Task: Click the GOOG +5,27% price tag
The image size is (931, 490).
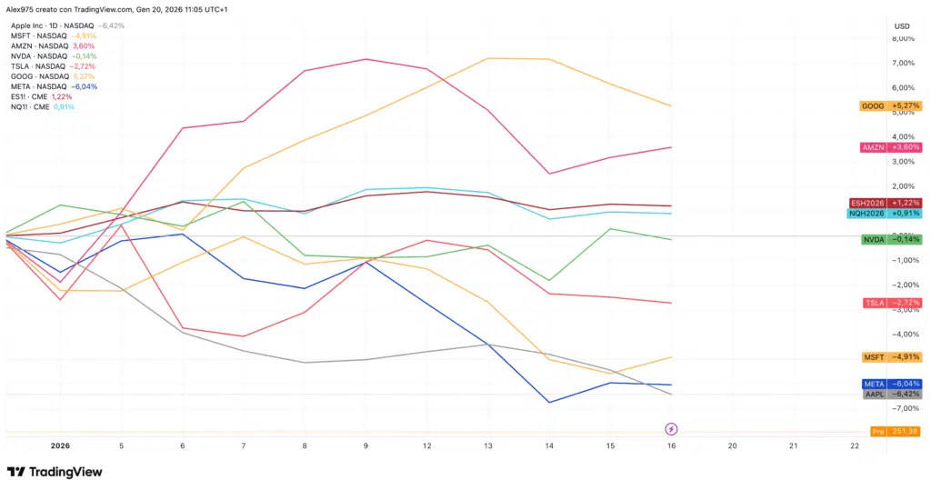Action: [890, 106]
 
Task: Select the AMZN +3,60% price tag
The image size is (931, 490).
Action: [890, 147]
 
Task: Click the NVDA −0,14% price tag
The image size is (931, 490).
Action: [890, 239]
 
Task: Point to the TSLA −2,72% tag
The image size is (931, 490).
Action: [890, 302]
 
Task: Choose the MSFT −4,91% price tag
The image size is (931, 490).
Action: [890, 357]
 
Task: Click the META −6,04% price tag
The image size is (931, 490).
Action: [890, 384]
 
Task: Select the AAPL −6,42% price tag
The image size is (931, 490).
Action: [890, 395]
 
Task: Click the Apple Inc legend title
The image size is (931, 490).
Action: [32, 25]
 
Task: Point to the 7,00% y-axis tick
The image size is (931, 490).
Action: [904, 64]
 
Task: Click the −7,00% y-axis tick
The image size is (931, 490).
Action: [902, 408]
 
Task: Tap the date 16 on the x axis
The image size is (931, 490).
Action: [671, 446]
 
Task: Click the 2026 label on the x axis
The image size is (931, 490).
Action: [60, 446]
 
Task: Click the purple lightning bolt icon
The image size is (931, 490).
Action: [671, 428]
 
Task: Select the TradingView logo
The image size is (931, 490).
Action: [55, 472]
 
